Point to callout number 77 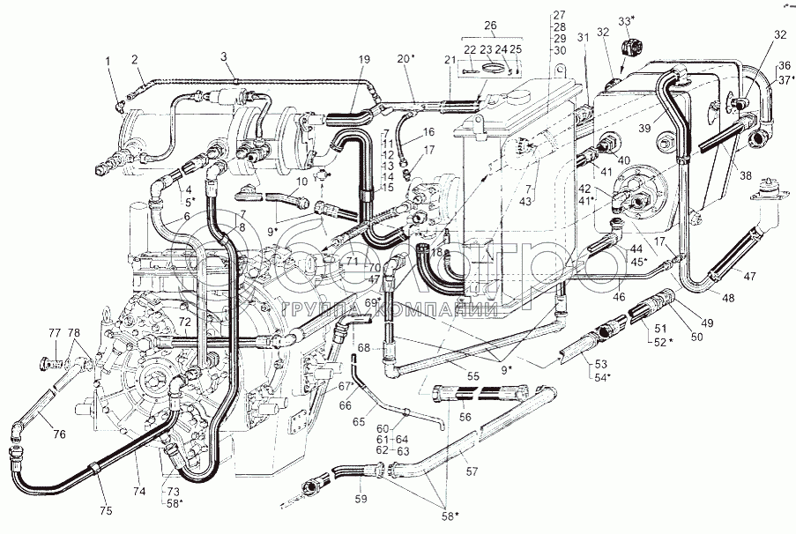[x=54, y=332]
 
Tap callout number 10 [x=301, y=182]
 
